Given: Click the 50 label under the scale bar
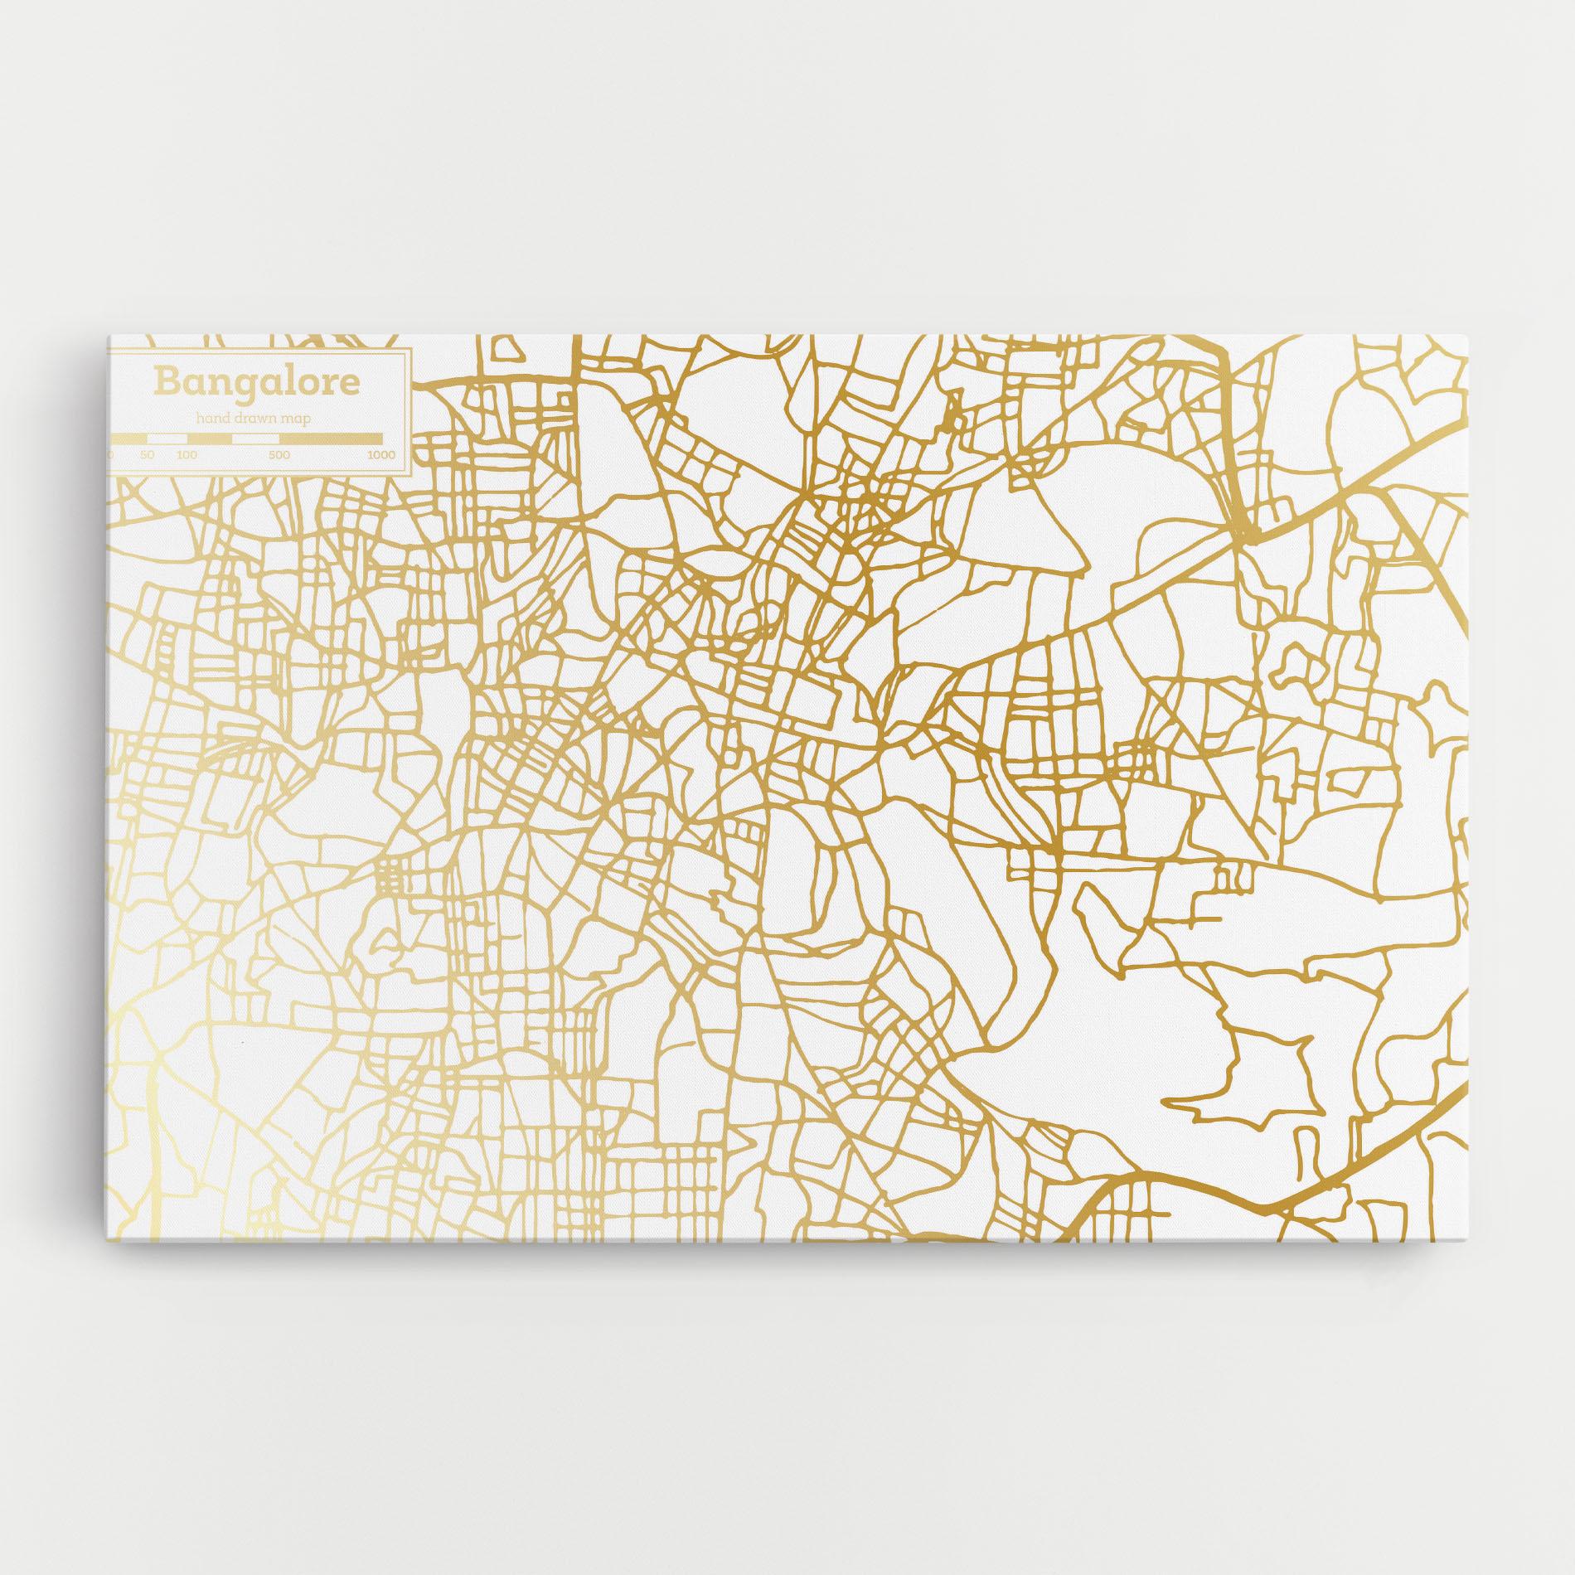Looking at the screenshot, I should coord(148,455).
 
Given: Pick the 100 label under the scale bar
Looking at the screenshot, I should coord(187,455).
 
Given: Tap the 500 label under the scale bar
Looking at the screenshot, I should coord(279,455).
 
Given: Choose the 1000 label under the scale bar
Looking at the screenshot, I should coord(381,455).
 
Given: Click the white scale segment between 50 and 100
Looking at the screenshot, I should coord(167,438).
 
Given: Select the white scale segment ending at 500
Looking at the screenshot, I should coord(256,438).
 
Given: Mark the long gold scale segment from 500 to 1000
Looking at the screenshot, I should coord(332,438).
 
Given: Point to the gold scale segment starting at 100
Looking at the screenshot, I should coord(210,438).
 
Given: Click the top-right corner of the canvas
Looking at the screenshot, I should coord(1467,336).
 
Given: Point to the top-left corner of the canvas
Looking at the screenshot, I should coord(108,336).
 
